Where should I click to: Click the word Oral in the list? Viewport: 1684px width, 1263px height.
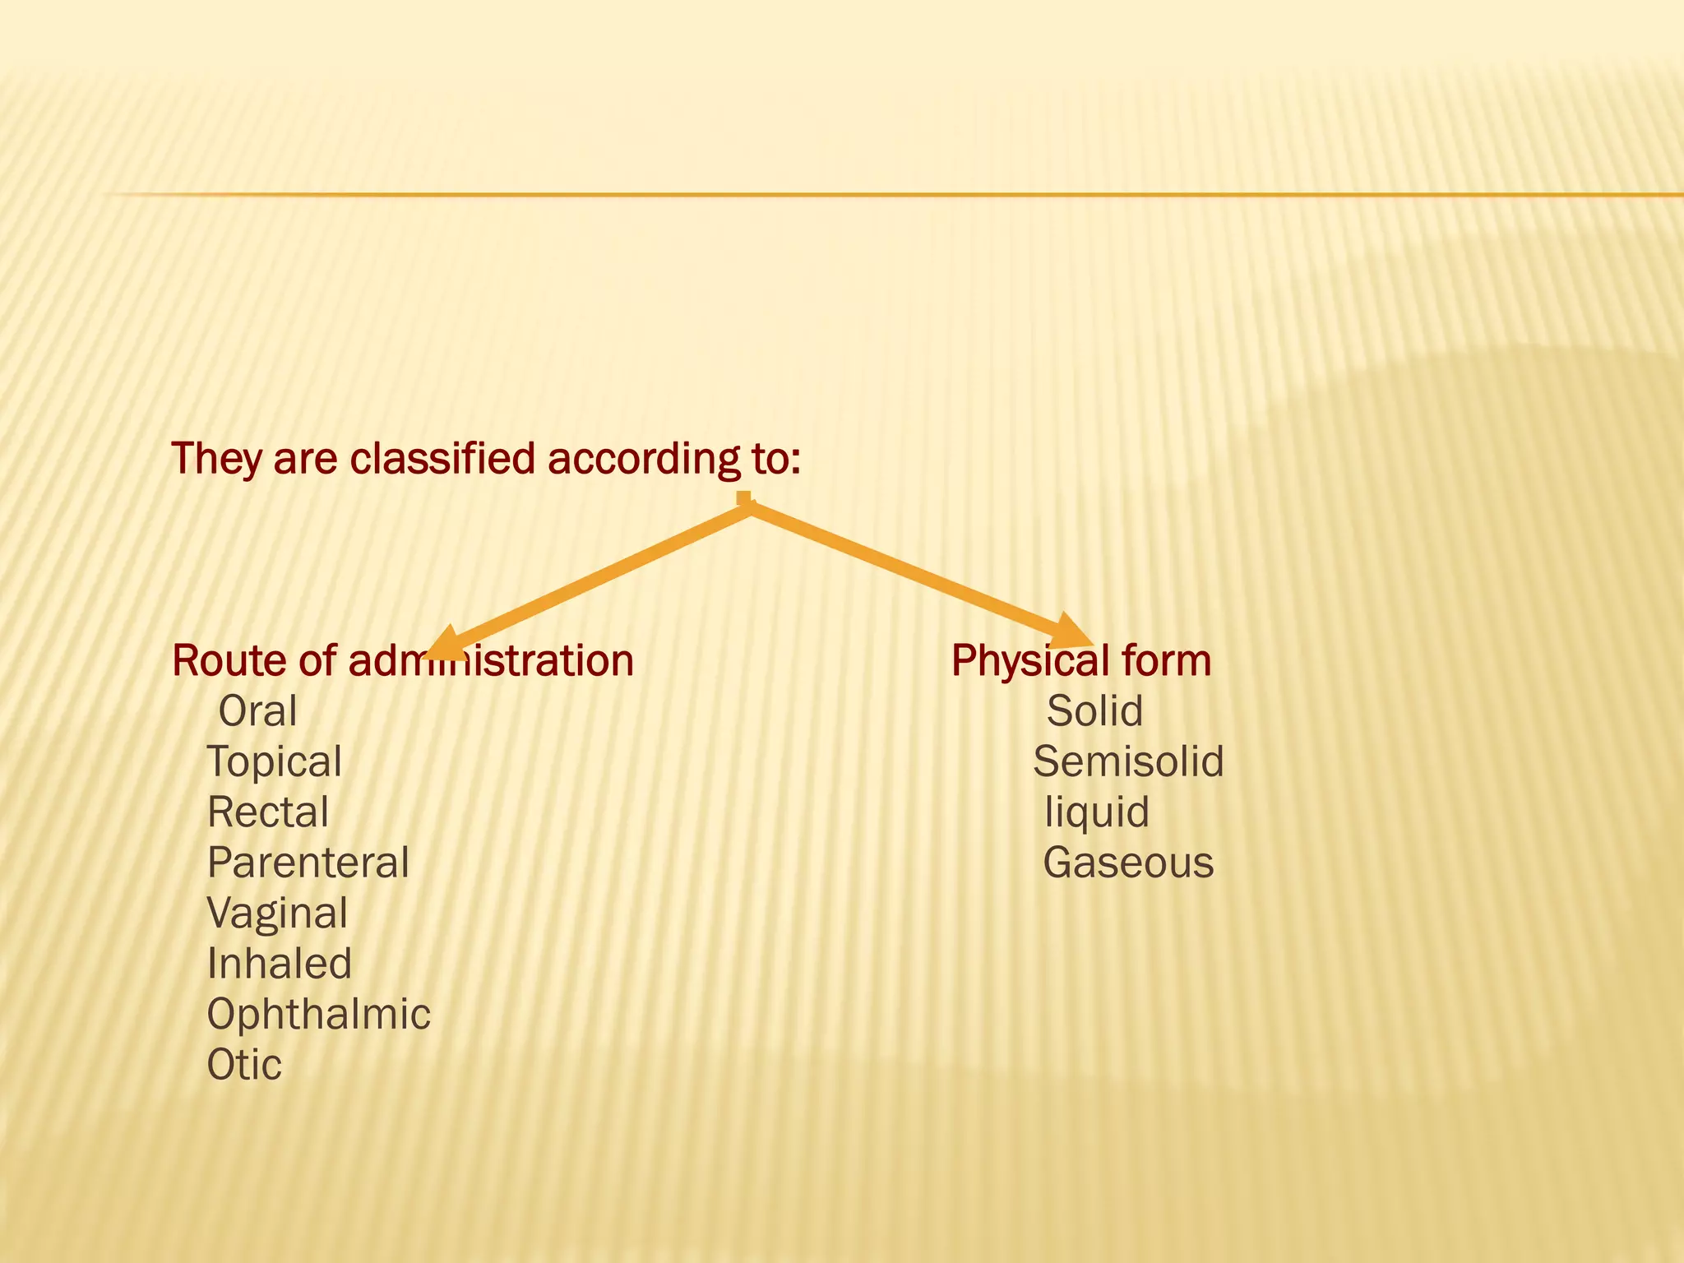pos(257,711)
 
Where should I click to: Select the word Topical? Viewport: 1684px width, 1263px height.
pos(275,761)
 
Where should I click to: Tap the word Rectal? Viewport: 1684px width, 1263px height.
pos(268,812)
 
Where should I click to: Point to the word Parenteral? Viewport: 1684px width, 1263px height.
pos(308,863)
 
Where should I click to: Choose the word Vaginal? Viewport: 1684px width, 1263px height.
pos(278,914)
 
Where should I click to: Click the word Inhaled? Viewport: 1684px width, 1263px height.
pos(280,964)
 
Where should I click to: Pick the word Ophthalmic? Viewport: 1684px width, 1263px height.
pos(319,1015)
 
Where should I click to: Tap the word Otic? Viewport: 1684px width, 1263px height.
pos(244,1065)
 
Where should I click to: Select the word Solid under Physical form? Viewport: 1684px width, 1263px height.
pos(1094,711)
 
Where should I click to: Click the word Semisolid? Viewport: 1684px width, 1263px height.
pos(1129,761)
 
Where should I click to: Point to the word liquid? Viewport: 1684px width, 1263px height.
pos(1097,812)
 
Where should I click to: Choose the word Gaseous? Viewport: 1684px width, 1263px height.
pos(1128,863)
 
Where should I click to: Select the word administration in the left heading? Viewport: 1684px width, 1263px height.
pos(491,660)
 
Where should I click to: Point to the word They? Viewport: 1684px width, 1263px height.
pos(216,458)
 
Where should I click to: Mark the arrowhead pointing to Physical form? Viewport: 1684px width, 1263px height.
pos(1072,632)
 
